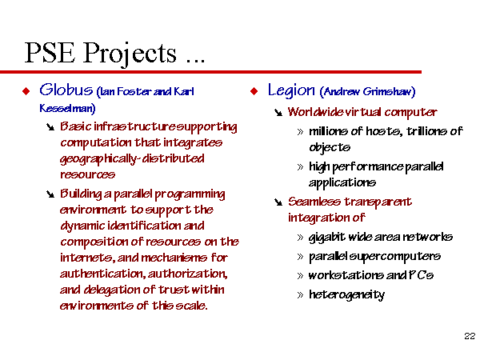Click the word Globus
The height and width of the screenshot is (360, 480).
point(66,90)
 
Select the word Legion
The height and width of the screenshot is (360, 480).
point(291,90)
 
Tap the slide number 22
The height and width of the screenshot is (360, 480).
point(470,336)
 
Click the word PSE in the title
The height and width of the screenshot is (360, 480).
point(50,53)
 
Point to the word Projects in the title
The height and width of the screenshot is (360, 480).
point(130,54)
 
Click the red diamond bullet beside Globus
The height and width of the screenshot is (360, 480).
point(26,91)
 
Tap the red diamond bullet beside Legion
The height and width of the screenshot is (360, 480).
point(254,91)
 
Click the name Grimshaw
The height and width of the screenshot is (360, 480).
point(386,91)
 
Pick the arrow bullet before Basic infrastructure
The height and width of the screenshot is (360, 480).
point(50,126)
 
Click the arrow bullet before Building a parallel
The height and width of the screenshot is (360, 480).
point(50,194)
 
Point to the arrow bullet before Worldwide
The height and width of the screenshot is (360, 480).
point(278,113)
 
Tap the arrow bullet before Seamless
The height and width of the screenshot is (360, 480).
point(278,202)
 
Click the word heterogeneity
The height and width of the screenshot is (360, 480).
point(346,295)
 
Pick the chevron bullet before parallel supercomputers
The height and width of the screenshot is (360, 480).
point(300,257)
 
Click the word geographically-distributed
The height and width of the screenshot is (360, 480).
point(132,159)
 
